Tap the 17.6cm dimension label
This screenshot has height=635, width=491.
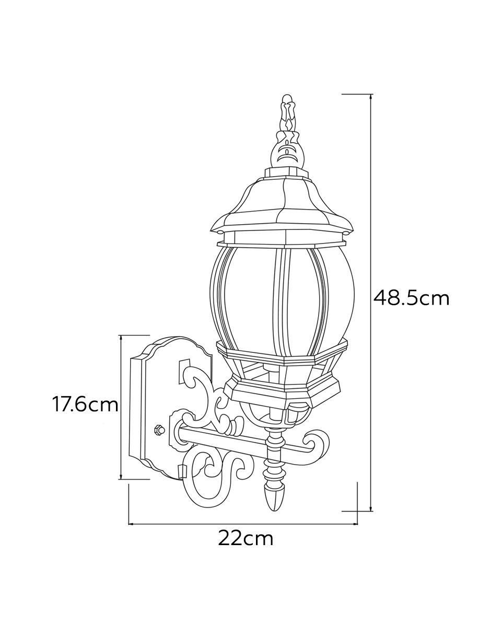85,405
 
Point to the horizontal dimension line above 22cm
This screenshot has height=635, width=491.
243,524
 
